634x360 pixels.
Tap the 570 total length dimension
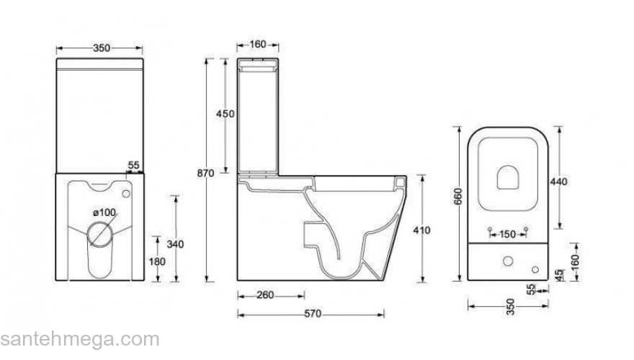[x=311, y=313]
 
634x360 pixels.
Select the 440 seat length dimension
[x=558, y=181]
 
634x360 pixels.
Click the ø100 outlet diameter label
[x=104, y=212]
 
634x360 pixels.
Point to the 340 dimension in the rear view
[x=175, y=243]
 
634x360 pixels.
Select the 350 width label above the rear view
[x=102, y=48]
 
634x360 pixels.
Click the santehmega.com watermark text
[x=79, y=340]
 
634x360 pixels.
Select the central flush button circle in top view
[x=509, y=261]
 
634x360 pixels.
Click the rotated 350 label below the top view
[x=510, y=307]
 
